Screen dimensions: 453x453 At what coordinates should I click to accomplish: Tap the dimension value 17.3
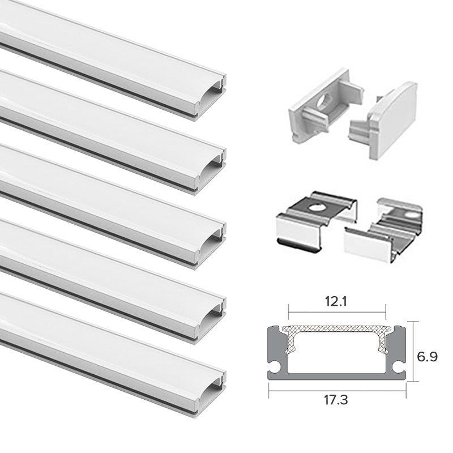tap(337, 399)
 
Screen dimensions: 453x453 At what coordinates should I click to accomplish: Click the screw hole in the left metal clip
tap(313, 204)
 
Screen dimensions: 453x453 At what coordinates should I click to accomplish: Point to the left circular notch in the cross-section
tap(276, 369)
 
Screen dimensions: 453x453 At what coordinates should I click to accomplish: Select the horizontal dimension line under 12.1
tap(337, 310)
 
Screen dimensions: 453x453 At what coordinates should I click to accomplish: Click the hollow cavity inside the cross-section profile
tap(337, 354)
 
